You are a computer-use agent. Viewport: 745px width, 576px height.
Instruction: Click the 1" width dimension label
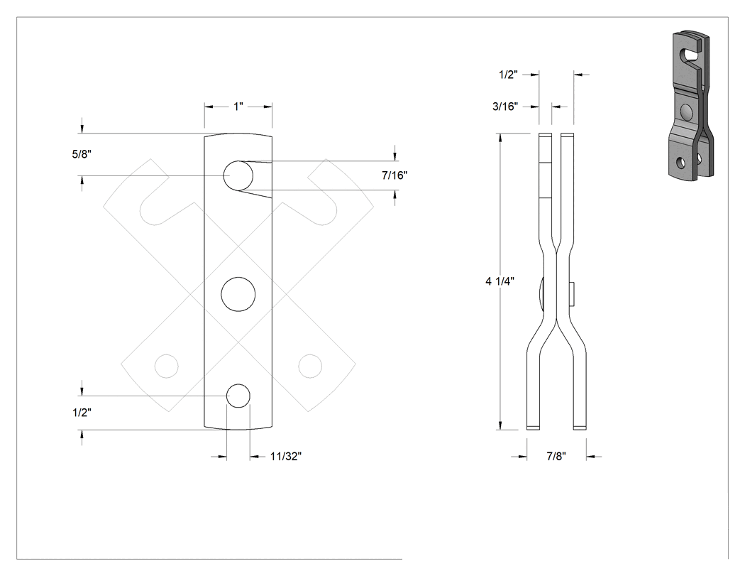[238, 107]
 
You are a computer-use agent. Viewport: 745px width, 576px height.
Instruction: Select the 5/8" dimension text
[82, 154]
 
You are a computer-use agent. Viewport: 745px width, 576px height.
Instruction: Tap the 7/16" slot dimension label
[394, 175]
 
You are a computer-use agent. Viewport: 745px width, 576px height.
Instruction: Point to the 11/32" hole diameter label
[285, 456]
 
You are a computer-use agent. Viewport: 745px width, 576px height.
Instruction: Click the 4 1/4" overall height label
[500, 281]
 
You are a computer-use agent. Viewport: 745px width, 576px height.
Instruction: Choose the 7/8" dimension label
[556, 456]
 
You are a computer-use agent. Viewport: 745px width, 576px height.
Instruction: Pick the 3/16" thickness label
[505, 106]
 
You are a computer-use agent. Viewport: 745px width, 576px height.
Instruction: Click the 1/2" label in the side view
[508, 75]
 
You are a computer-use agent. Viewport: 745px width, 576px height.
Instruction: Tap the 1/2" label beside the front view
[82, 413]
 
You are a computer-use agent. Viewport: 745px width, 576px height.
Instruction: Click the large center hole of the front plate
[238, 295]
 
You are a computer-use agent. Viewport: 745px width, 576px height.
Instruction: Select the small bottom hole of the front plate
[238, 396]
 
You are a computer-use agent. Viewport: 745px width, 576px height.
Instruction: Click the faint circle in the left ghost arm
[167, 366]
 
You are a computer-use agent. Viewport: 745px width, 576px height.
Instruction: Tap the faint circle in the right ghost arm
[310, 366]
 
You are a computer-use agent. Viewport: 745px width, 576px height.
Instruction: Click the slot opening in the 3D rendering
[691, 53]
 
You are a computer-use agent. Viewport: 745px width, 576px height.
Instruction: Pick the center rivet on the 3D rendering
[686, 112]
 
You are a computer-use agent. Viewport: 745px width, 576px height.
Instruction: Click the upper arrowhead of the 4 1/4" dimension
[500, 138]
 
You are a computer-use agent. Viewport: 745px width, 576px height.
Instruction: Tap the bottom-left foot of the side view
[533, 427]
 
